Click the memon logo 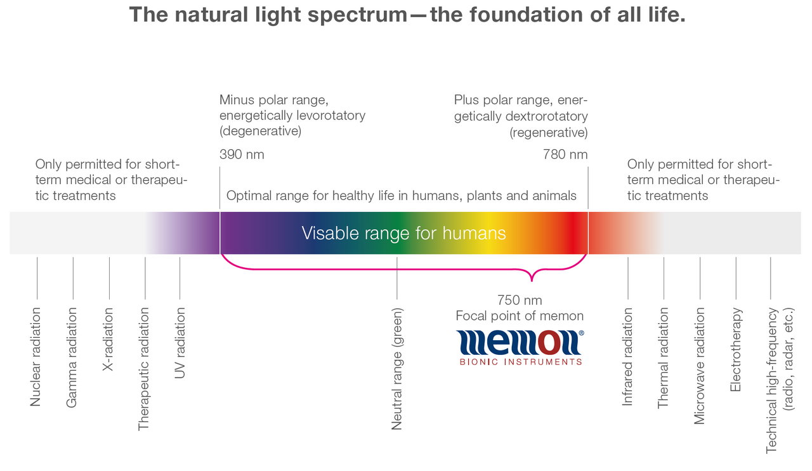pos(520,347)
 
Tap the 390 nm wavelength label pos(242,155)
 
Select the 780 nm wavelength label pos(565,155)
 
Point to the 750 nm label pos(520,300)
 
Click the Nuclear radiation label pos(35,357)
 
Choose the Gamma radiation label pos(72,357)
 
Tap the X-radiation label pos(108,339)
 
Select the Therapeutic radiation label pos(143,369)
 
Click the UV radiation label pos(180,343)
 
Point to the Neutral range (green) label pos(397,369)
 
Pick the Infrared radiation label pos(627,357)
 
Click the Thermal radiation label pos(663,358)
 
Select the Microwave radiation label pos(699,366)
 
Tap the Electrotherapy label pos(735,349)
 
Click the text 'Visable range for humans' pos(403,233)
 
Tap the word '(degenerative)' pos(260,131)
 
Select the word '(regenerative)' pos(549,133)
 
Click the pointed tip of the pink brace pos(532,281)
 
